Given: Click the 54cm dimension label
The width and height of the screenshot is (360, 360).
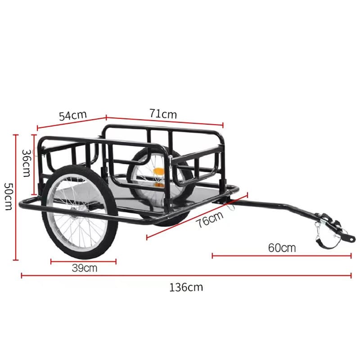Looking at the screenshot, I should (x=72, y=115).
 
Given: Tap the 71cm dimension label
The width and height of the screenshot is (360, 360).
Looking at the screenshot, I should (x=163, y=114).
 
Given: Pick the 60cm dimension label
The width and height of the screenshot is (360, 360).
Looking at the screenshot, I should (x=282, y=247).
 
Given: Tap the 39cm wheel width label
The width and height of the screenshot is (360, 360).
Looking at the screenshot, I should (x=85, y=269).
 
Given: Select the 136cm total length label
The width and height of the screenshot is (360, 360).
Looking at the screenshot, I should (x=186, y=287).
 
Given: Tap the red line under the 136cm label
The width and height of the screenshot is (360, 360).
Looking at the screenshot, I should (x=186, y=275).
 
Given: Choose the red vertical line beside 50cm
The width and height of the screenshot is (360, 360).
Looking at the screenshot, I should (x=16, y=197).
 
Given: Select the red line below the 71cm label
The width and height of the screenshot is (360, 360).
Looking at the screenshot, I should (x=164, y=121).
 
